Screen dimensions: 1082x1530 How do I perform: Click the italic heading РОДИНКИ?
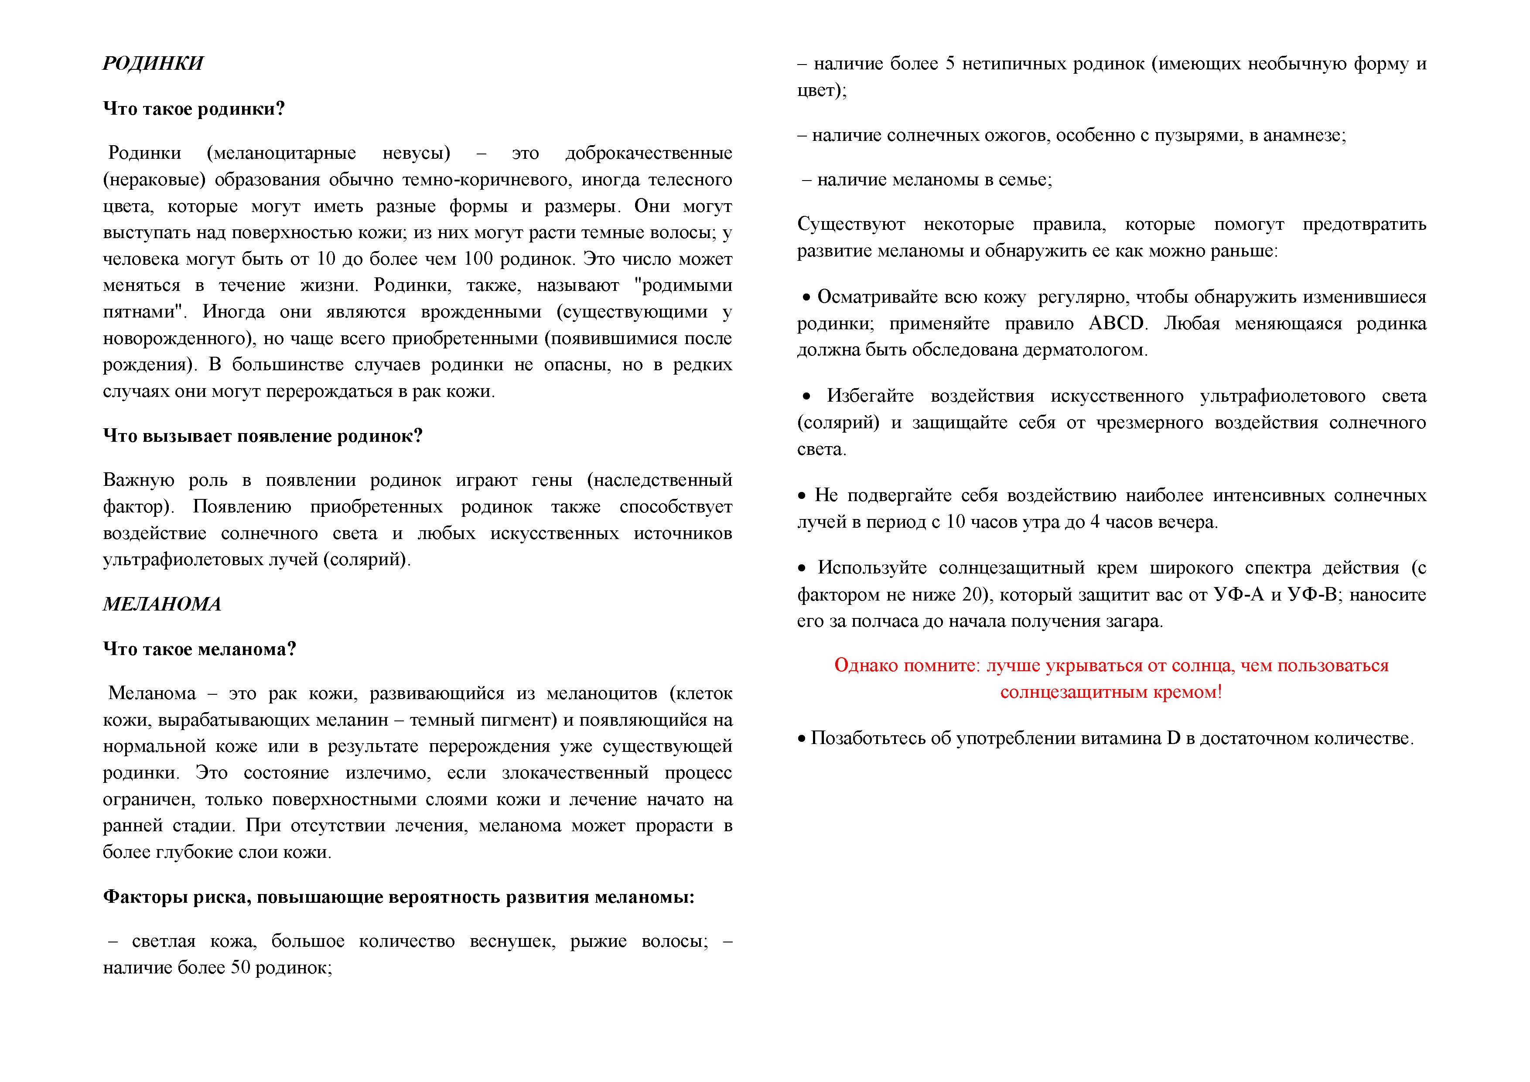[x=153, y=63]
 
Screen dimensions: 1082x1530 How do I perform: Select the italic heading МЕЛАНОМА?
[x=162, y=604]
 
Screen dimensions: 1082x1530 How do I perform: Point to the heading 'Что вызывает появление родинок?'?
[x=263, y=436]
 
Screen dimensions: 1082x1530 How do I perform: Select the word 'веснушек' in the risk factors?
[x=512, y=942]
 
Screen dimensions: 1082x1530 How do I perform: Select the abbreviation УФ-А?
[x=1237, y=595]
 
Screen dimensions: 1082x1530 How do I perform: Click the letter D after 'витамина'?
[x=1174, y=739]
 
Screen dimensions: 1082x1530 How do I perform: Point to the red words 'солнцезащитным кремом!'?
[x=1111, y=692]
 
